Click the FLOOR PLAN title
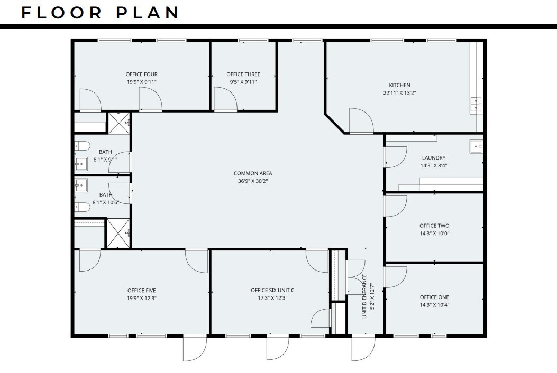pyautogui.click(x=101, y=13)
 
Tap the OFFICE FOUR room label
pyautogui.click(x=141, y=74)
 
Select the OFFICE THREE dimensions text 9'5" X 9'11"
pyautogui.click(x=243, y=82)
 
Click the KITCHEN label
pyautogui.click(x=399, y=85)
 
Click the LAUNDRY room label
pyautogui.click(x=433, y=157)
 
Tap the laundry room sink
pyautogui.click(x=476, y=146)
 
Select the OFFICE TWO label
pyautogui.click(x=434, y=226)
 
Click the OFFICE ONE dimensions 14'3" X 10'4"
pyautogui.click(x=434, y=305)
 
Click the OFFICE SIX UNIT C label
pyautogui.click(x=272, y=290)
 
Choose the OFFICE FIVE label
pyautogui.click(x=141, y=290)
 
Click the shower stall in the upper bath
pyautogui.click(x=119, y=123)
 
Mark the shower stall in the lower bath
pyautogui.click(x=117, y=232)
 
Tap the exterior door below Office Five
pyautogui.click(x=195, y=348)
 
